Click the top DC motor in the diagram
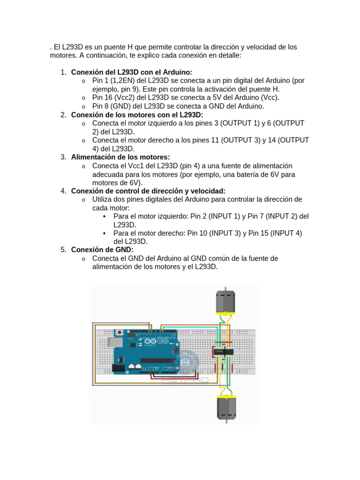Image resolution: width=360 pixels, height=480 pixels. click(225, 302)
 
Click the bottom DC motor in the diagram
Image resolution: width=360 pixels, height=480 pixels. click(226, 407)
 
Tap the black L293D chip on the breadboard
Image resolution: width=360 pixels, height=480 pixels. click(223, 352)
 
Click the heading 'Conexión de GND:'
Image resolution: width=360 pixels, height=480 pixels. click(102, 250)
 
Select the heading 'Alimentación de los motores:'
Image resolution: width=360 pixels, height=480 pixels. click(120, 157)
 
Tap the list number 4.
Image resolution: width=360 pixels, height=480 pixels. click(63, 191)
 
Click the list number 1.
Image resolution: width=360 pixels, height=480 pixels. click(63, 72)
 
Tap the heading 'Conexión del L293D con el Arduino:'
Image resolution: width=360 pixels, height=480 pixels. click(132, 72)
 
